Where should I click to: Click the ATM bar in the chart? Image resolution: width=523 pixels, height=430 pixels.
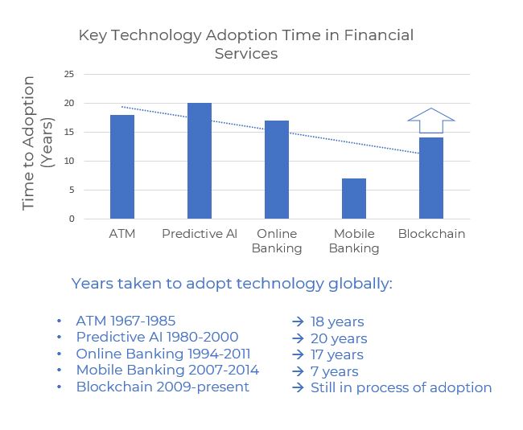tap(122, 167)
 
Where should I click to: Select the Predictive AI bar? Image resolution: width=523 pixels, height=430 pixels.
tap(200, 161)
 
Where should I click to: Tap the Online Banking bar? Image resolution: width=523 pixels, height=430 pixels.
tap(277, 170)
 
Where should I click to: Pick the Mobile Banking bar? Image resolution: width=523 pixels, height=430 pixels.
tap(354, 199)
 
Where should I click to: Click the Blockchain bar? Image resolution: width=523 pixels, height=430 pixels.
tap(431, 178)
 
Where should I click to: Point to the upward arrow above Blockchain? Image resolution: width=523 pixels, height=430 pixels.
tap(431, 121)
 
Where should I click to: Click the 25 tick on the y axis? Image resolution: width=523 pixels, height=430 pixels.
tap(68, 74)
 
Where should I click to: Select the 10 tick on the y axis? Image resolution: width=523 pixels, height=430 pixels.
tap(68, 161)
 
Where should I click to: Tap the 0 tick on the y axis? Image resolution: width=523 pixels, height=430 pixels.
tap(71, 219)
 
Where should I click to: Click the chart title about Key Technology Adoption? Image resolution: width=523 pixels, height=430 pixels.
tap(245, 44)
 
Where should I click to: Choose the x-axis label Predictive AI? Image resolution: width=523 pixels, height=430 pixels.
tap(200, 234)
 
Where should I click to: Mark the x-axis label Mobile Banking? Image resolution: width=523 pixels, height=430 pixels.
tap(354, 241)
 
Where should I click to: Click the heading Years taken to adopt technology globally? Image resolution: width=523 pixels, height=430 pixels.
tap(232, 284)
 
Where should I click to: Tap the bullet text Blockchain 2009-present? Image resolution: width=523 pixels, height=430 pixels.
tap(163, 387)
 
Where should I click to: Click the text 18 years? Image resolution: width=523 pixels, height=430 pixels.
tap(337, 321)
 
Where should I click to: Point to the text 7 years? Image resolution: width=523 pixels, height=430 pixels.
tap(334, 371)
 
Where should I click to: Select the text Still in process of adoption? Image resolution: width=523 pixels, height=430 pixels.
tap(401, 387)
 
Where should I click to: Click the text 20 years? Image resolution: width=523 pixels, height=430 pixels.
tap(339, 338)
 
